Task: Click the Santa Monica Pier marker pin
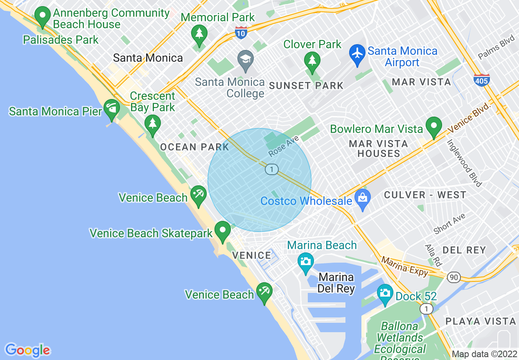[x=111, y=108]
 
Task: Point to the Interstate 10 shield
[x=241, y=33]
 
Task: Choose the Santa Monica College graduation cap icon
[x=246, y=59]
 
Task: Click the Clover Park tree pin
[x=312, y=61]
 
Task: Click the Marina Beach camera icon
[x=305, y=261]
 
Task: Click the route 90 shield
[x=453, y=277]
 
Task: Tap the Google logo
[x=28, y=350]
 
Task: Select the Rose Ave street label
[x=284, y=146]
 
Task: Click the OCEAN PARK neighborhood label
[x=194, y=147]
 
